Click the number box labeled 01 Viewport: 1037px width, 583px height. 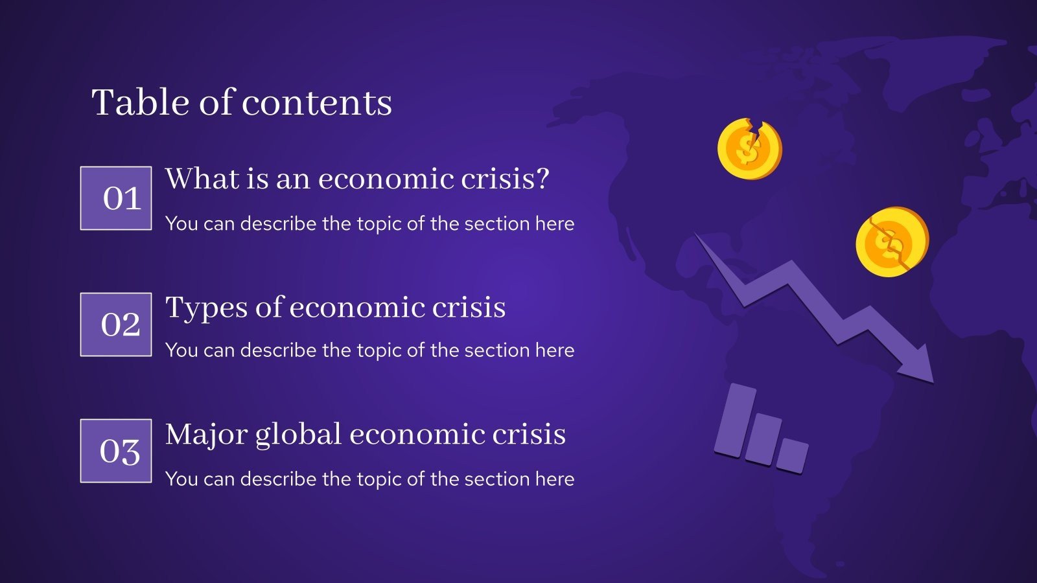pos(116,198)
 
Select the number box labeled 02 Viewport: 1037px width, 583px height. pos(116,325)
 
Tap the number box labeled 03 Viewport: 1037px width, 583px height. pos(116,451)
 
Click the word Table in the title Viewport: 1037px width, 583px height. pos(142,102)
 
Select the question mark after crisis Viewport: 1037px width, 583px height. pos(542,179)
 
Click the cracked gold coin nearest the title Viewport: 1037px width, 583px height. pos(749,149)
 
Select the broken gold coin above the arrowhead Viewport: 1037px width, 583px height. pos(892,242)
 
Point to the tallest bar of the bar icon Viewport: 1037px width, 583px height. pos(736,420)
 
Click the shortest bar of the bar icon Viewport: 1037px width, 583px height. pos(792,455)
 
